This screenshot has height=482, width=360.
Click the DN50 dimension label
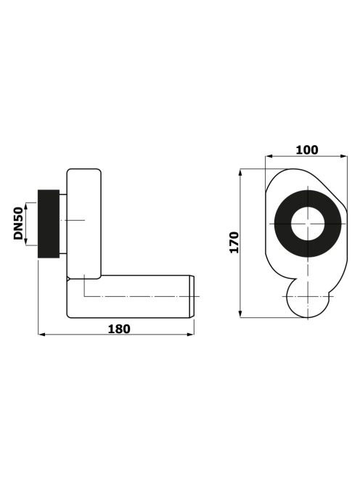[18, 224]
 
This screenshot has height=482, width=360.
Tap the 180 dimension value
[119, 329]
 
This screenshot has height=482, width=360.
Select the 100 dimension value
[307, 150]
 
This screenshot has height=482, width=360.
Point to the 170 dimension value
[234, 242]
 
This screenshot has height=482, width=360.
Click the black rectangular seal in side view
[49, 224]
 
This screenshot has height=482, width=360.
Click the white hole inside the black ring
[308, 224]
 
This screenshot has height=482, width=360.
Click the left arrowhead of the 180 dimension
[41, 334]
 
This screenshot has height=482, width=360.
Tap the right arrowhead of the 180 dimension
[191, 334]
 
